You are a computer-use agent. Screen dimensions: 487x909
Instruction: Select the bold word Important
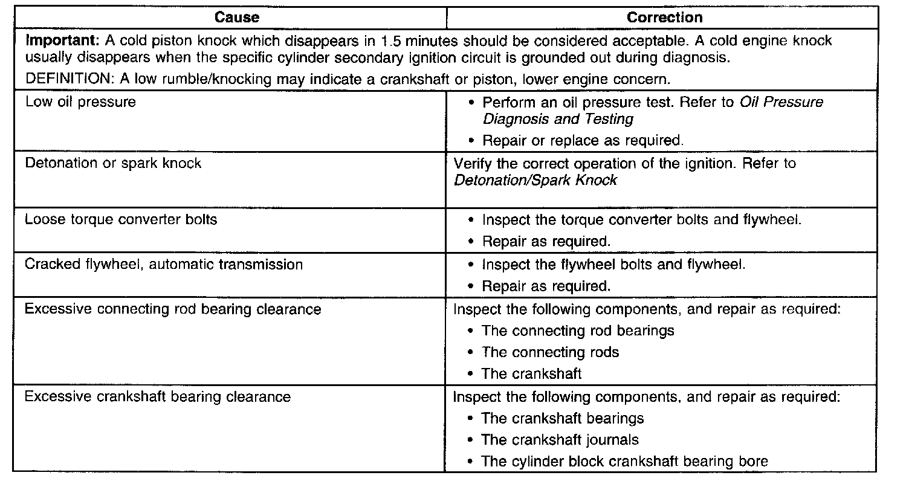(x=62, y=41)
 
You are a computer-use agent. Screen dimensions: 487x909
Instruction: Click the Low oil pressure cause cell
(x=80, y=102)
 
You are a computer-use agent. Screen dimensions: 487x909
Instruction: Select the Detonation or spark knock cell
(x=113, y=163)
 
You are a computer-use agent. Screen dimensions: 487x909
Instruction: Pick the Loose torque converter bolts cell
(x=120, y=219)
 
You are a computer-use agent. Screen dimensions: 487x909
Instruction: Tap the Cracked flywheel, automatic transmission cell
(x=164, y=264)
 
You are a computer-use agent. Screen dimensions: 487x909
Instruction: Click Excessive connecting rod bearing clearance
(x=173, y=309)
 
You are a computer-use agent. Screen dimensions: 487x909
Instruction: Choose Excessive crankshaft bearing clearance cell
(x=158, y=397)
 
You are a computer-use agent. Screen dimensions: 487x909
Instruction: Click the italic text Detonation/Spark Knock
(x=535, y=180)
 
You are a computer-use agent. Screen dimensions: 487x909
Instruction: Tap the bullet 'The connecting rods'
(x=550, y=352)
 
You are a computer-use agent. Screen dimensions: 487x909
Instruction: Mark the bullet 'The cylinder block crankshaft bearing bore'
(x=624, y=462)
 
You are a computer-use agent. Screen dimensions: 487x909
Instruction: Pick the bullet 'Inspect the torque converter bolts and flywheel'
(x=641, y=219)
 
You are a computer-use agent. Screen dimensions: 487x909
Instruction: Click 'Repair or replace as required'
(x=583, y=141)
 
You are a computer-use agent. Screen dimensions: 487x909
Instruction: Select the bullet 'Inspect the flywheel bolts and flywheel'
(x=613, y=264)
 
